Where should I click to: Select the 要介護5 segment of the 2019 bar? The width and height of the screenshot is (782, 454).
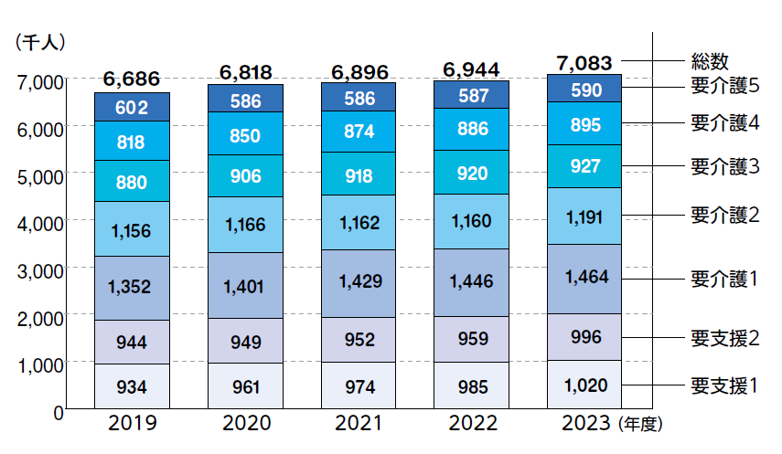point(132,108)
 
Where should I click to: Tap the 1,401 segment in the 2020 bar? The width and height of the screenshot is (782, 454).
point(245,287)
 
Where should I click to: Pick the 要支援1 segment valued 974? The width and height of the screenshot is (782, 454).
point(358,386)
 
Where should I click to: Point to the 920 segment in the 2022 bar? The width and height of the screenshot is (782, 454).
point(471,173)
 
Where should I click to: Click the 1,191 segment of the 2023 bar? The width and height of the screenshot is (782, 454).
point(584,217)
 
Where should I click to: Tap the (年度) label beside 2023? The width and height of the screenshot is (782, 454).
point(639,425)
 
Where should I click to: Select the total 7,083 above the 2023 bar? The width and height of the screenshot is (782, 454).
point(584,63)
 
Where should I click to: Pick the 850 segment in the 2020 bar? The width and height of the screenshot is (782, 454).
point(245,135)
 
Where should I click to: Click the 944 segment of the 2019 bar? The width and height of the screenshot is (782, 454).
point(132,343)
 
